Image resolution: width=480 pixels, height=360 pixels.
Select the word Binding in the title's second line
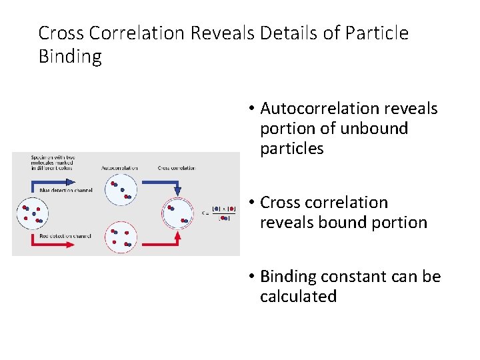(x=70, y=57)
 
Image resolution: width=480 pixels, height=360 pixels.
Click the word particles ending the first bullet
(x=291, y=149)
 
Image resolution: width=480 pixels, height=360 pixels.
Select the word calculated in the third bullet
(x=298, y=297)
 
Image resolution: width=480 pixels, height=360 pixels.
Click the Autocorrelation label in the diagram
(x=120, y=168)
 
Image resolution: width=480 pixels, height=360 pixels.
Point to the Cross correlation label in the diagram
(x=177, y=168)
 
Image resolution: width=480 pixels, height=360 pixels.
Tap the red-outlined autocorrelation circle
(x=121, y=237)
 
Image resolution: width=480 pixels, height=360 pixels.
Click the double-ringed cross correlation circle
(x=177, y=213)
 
